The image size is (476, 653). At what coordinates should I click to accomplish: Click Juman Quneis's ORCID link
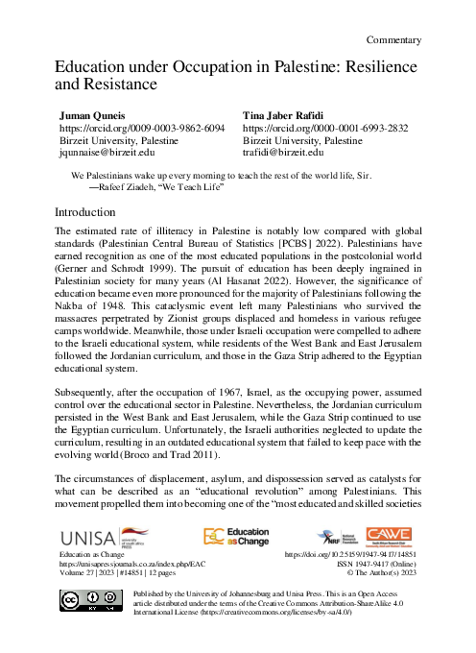tap(142, 127)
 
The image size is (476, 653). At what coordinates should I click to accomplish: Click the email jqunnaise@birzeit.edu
tap(108, 152)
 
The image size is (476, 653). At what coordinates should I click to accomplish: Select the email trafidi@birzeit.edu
tap(283, 152)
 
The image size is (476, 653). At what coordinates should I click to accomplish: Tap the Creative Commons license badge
tap(83, 603)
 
